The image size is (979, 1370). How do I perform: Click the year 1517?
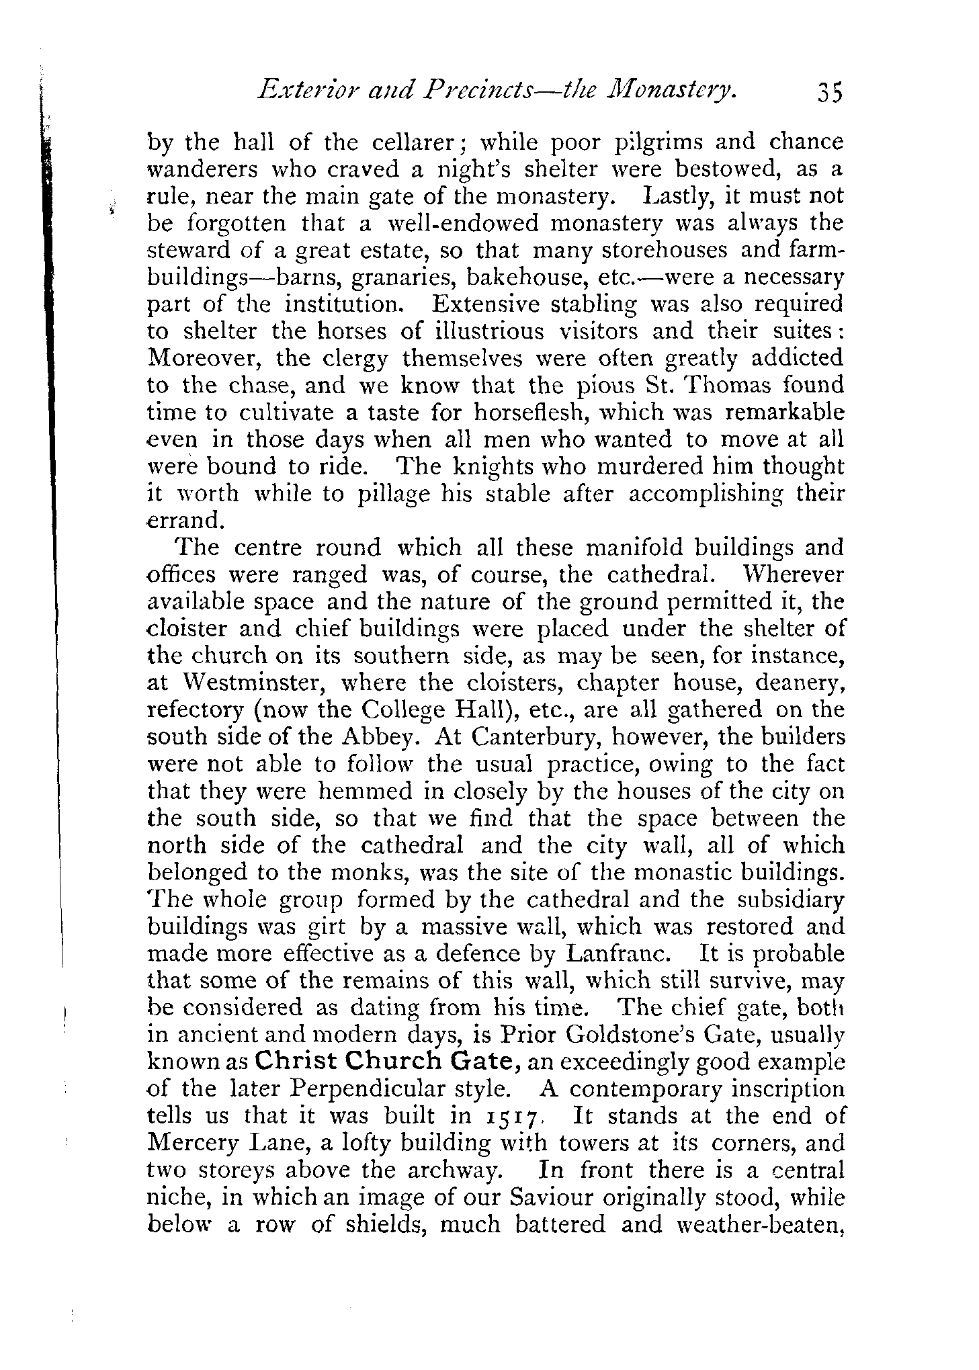coord(514,1117)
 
